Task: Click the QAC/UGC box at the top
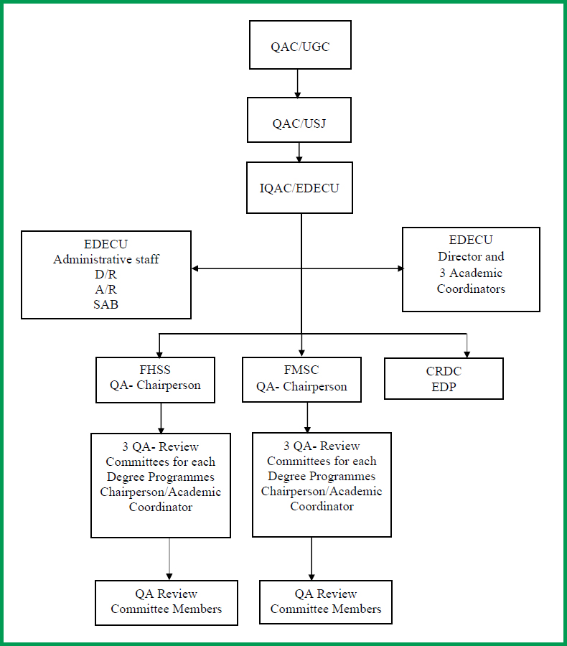300,45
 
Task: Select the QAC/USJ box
299,120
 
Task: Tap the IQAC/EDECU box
299,187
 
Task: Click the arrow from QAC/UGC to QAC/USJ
297,83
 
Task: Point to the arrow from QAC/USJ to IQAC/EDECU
300,152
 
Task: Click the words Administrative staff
106,259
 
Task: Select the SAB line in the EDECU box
106,304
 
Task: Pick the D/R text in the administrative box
106,274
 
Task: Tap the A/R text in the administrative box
106,289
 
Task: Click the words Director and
471,256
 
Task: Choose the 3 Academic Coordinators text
471,281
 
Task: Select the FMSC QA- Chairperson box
301,379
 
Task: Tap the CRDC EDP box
444,378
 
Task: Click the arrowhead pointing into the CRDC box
467,352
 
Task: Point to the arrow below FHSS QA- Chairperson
161,417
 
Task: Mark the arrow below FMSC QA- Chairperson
307,417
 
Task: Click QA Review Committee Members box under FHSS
166,601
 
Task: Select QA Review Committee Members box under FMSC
326,601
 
